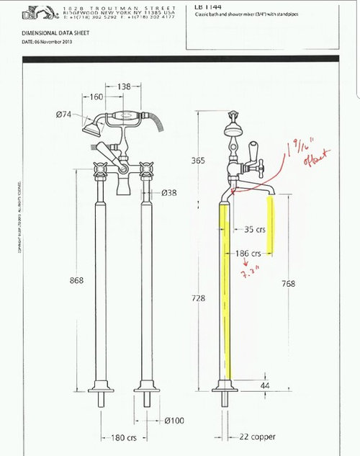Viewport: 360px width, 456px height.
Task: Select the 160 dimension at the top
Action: (x=96, y=96)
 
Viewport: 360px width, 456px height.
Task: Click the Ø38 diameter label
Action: (x=171, y=192)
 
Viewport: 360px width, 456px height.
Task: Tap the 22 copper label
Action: (x=258, y=437)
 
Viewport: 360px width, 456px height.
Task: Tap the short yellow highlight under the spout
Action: (x=271, y=225)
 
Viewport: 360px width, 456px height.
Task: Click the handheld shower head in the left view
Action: (x=91, y=130)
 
